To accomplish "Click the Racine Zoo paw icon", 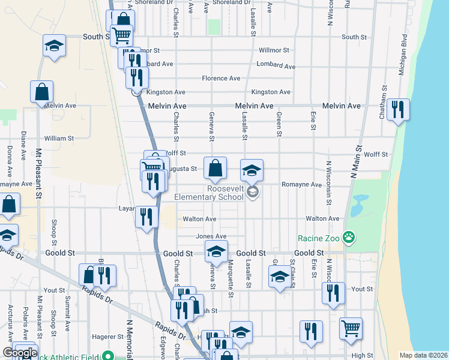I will [x=349, y=238].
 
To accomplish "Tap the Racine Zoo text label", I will [x=319, y=238].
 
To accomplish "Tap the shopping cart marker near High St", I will [x=351, y=328].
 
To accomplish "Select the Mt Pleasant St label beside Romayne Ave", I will [x=38, y=174].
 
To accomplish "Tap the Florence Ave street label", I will [x=221, y=78].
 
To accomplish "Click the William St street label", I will [x=59, y=138].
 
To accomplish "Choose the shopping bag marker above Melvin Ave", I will [x=42, y=92].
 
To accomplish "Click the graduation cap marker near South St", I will [x=54, y=46].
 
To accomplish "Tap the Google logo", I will [x=19, y=353].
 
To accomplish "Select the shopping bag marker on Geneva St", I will [x=215, y=169].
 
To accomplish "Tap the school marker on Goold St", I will [x=217, y=252].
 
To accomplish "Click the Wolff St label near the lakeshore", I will [x=376, y=155].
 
